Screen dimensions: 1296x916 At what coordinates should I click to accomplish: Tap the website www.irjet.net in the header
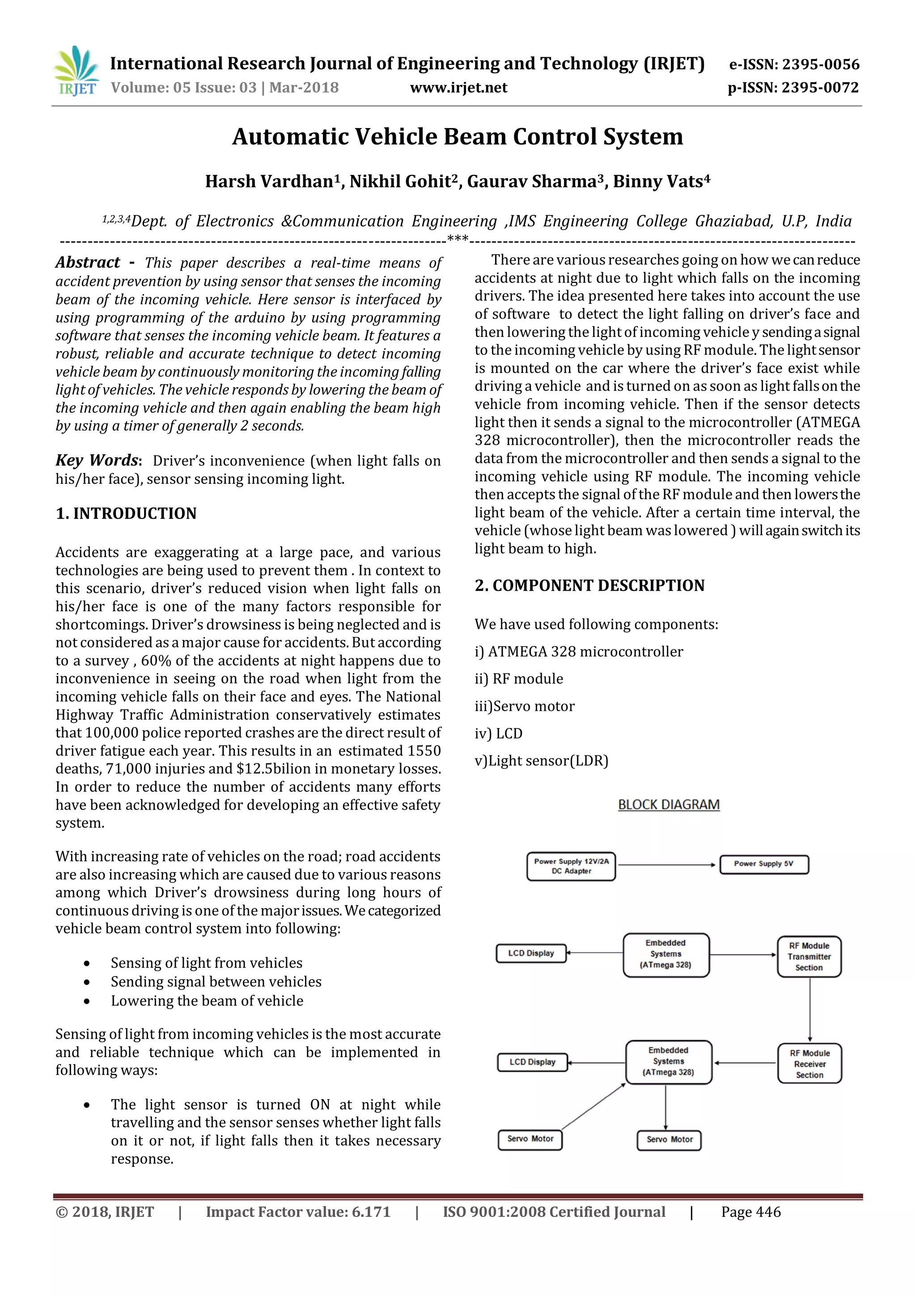458,88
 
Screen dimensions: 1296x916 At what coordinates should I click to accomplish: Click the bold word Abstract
87,263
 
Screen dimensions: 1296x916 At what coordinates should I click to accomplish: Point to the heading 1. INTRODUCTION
126,514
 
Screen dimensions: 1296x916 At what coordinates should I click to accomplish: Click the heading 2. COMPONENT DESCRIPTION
589,585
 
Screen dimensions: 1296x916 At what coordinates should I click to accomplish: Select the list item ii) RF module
518,678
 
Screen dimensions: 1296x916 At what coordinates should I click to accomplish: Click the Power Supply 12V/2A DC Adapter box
571,866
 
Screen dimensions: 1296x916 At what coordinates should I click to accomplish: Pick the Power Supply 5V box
764,864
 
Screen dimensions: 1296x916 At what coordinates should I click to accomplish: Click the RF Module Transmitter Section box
809,957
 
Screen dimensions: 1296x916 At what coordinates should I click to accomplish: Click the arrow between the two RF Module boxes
810,1009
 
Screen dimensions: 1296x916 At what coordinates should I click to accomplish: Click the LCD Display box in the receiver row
532,1062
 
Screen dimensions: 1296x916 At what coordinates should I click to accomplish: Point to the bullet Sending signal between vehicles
216,981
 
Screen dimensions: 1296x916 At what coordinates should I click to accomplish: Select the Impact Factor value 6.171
298,1212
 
